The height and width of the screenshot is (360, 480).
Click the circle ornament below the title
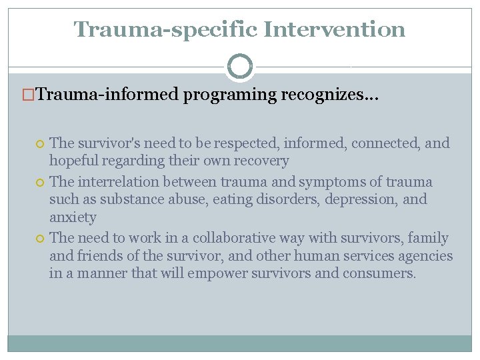coord(240,67)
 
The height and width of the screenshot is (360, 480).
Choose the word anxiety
coord(73,217)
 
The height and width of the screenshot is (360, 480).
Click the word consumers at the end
coord(379,273)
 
